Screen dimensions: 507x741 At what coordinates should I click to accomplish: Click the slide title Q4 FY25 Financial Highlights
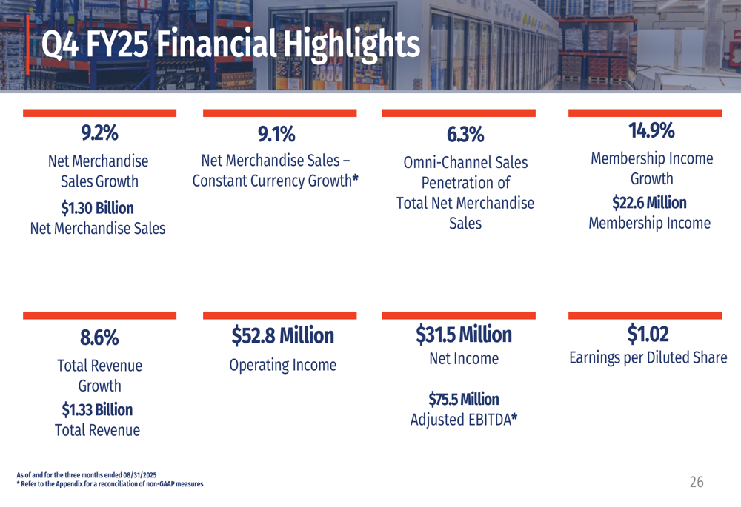point(230,45)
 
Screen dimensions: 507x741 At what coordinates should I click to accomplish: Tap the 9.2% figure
point(99,133)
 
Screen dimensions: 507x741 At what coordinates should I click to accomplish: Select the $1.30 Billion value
point(97,207)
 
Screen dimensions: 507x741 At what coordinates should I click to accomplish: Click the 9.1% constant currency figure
point(276,135)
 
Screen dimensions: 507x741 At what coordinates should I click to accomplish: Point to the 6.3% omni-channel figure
point(465,135)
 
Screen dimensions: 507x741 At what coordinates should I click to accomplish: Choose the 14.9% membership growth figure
point(651,131)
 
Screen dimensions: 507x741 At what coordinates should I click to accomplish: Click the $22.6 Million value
point(649,202)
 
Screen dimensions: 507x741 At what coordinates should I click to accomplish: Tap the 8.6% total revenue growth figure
point(99,338)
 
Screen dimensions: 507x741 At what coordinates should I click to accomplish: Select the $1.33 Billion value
point(97,409)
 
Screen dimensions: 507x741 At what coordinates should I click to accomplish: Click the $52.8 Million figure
point(282,336)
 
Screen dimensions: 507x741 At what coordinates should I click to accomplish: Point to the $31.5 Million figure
point(464,335)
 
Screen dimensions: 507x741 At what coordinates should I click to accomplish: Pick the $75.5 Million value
point(464,400)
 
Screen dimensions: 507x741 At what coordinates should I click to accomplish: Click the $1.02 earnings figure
point(648,335)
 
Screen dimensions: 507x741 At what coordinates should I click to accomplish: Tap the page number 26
point(697,483)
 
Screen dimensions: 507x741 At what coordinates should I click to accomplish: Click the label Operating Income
point(282,365)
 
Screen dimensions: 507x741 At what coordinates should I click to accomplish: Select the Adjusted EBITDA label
point(464,420)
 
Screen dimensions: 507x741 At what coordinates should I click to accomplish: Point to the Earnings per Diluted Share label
point(648,358)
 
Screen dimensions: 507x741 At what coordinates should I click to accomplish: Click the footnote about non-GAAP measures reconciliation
point(110,484)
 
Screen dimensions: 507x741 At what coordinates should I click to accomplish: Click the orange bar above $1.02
point(645,315)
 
